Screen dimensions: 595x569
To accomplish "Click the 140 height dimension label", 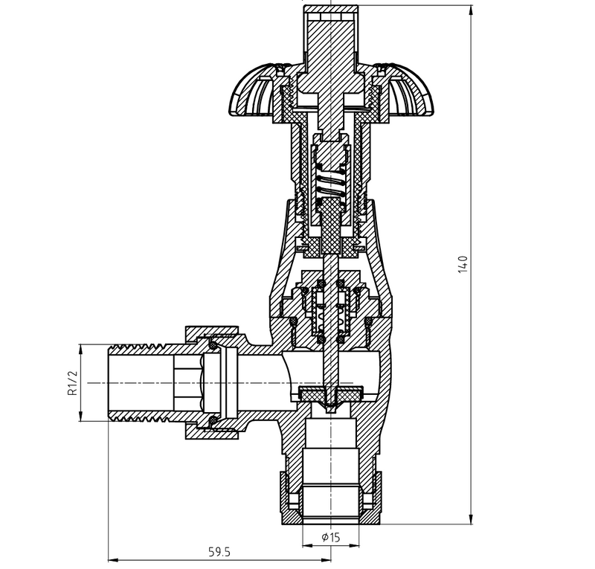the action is pos(463,265).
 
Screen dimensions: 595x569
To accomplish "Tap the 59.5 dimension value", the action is pos(219,552).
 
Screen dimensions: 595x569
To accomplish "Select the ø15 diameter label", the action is pos(330,537).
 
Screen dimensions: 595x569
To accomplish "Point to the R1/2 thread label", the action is pos(72,382).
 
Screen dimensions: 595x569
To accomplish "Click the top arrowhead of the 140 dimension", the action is pos(471,10).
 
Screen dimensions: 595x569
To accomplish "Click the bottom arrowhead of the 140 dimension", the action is pos(471,519).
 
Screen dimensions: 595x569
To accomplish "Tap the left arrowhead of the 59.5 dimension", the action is pos(114,559).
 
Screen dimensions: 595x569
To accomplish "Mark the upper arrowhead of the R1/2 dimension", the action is pos(80,350).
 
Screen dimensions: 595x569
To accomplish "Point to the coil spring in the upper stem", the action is pos(331,186).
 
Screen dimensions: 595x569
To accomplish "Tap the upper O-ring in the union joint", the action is pos(213,346).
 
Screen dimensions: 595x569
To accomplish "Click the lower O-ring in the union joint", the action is pos(213,419).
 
